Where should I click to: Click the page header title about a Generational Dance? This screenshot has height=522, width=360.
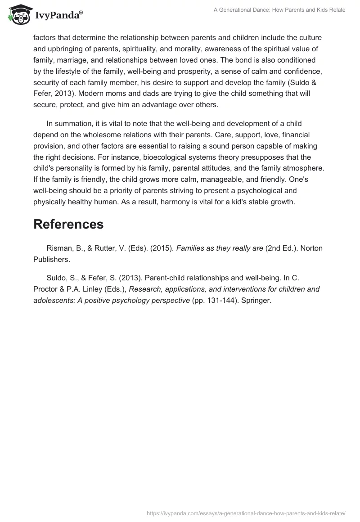click(279, 10)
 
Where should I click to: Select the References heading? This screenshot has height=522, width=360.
click(68, 224)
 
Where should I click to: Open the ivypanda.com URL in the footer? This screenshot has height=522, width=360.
click(246, 513)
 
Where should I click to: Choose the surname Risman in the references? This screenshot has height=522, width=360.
click(59, 248)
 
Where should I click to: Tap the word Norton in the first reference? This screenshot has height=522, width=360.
click(310, 248)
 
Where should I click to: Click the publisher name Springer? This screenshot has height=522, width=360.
click(256, 300)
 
